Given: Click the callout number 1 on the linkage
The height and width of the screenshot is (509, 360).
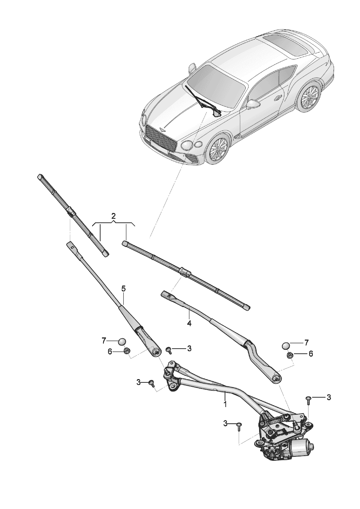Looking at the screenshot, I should tap(225, 403).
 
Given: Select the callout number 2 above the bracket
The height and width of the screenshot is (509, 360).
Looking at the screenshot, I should tap(114, 216).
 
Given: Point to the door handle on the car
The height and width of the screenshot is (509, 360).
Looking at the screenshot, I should tap(278, 98).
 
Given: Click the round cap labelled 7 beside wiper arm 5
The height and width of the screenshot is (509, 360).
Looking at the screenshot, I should tap(122, 341).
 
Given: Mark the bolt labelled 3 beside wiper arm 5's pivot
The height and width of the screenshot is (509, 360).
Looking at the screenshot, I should tap(168, 349).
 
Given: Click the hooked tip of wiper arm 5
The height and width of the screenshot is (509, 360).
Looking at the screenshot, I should tap(70, 245).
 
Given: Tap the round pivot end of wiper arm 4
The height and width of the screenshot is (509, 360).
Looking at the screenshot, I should tap(277, 379).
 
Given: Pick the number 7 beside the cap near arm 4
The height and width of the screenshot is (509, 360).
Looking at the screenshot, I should tap(306, 342).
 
